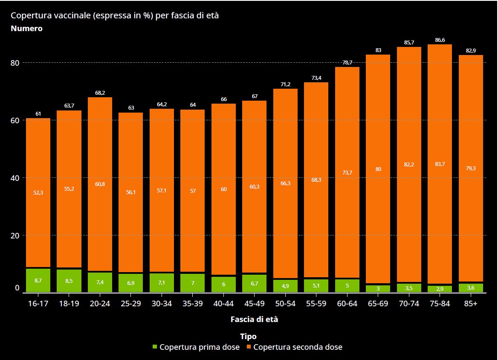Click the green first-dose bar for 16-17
(x=38, y=280)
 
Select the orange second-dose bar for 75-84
(x=440, y=164)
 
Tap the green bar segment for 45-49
(x=254, y=283)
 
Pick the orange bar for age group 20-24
(x=100, y=184)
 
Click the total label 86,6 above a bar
(x=440, y=40)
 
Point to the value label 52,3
(x=38, y=192)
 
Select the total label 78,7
(x=347, y=62)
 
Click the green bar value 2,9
(x=440, y=289)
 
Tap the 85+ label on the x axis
(x=471, y=303)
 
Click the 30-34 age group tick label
(x=162, y=303)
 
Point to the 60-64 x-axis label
(x=347, y=303)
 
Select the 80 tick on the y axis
(x=15, y=63)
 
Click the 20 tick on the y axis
(x=15, y=235)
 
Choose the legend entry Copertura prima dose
(x=199, y=347)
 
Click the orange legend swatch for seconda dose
(x=249, y=347)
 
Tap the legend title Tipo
(x=248, y=337)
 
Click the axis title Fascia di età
(x=254, y=319)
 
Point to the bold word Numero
(x=26, y=29)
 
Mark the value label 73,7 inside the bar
(x=347, y=172)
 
